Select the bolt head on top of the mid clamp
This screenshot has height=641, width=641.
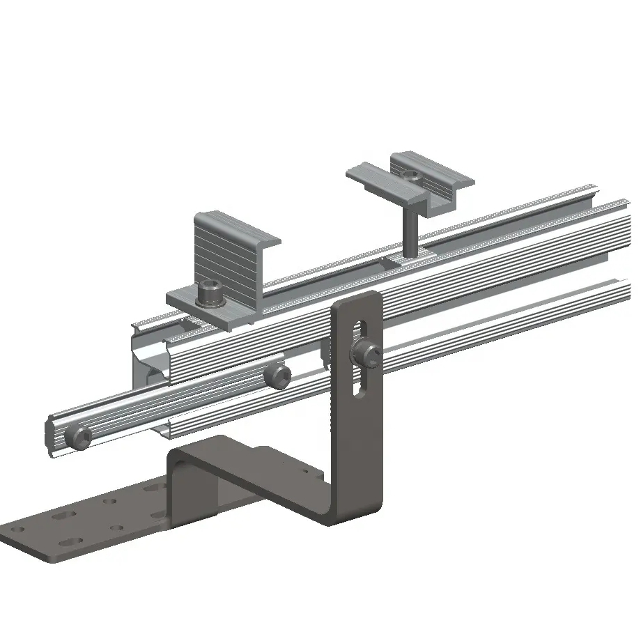coord(412,177)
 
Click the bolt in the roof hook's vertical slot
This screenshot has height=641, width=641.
coord(367,354)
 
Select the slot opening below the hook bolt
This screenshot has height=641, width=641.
coord(359,383)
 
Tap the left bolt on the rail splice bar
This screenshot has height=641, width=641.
coord(78,438)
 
